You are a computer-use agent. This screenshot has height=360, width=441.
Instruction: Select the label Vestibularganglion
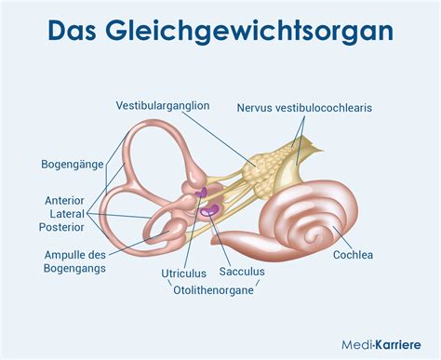click(x=162, y=105)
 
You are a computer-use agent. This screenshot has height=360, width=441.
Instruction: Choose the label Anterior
click(x=66, y=200)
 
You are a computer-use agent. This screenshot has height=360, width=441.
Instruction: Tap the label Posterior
click(x=68, y=226)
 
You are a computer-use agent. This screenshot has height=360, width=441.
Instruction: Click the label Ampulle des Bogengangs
click(x=75, y=261)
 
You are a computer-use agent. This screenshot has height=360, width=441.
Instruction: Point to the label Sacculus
click(x=242, y=273)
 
